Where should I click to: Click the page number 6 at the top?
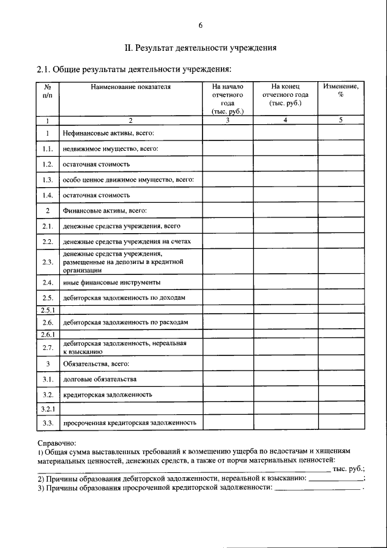pos(200,25)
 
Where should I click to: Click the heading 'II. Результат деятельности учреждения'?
pos(200,47)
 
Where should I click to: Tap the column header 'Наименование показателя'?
pos(131,87)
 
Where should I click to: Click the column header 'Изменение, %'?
pos(340,91)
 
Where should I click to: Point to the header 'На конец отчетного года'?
pos(285,95)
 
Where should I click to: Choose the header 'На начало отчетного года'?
pos(227,99)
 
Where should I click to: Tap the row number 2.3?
pos(48,263)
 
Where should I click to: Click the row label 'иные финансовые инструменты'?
pos(111,283)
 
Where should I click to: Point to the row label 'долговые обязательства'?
pos(100,379)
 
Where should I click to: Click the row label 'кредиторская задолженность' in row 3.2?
pos(107,395)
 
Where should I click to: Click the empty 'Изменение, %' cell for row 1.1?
pos(340,148)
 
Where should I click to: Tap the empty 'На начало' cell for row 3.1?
pos(227,379)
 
